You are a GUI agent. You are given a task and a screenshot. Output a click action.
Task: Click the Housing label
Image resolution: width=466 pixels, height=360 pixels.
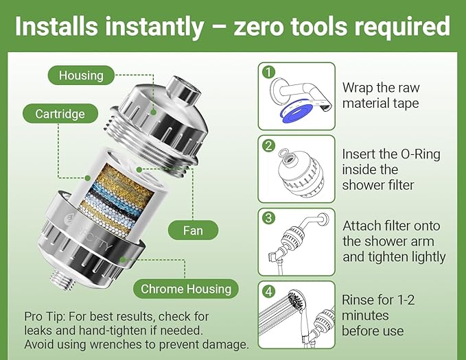click(x=81, y=75)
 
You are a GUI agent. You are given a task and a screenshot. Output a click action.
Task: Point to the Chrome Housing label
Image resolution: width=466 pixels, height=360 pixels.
click(x=185, y=289)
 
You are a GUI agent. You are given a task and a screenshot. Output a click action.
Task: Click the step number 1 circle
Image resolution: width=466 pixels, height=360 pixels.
click(x=269, y=72)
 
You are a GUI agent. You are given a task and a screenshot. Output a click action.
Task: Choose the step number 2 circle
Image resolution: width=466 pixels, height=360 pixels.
click(x=269, y=145)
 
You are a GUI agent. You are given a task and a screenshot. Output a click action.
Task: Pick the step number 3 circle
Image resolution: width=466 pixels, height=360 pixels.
click(x=269, y=218)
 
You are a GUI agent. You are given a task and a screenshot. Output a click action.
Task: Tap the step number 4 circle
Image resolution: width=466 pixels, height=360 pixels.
click(x=269, y=290)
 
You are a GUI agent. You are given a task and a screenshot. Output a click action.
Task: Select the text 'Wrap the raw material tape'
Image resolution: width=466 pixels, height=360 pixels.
click(x=381, y=96)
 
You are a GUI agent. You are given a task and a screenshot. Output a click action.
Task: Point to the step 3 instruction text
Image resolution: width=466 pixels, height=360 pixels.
click(x=393, y=241)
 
